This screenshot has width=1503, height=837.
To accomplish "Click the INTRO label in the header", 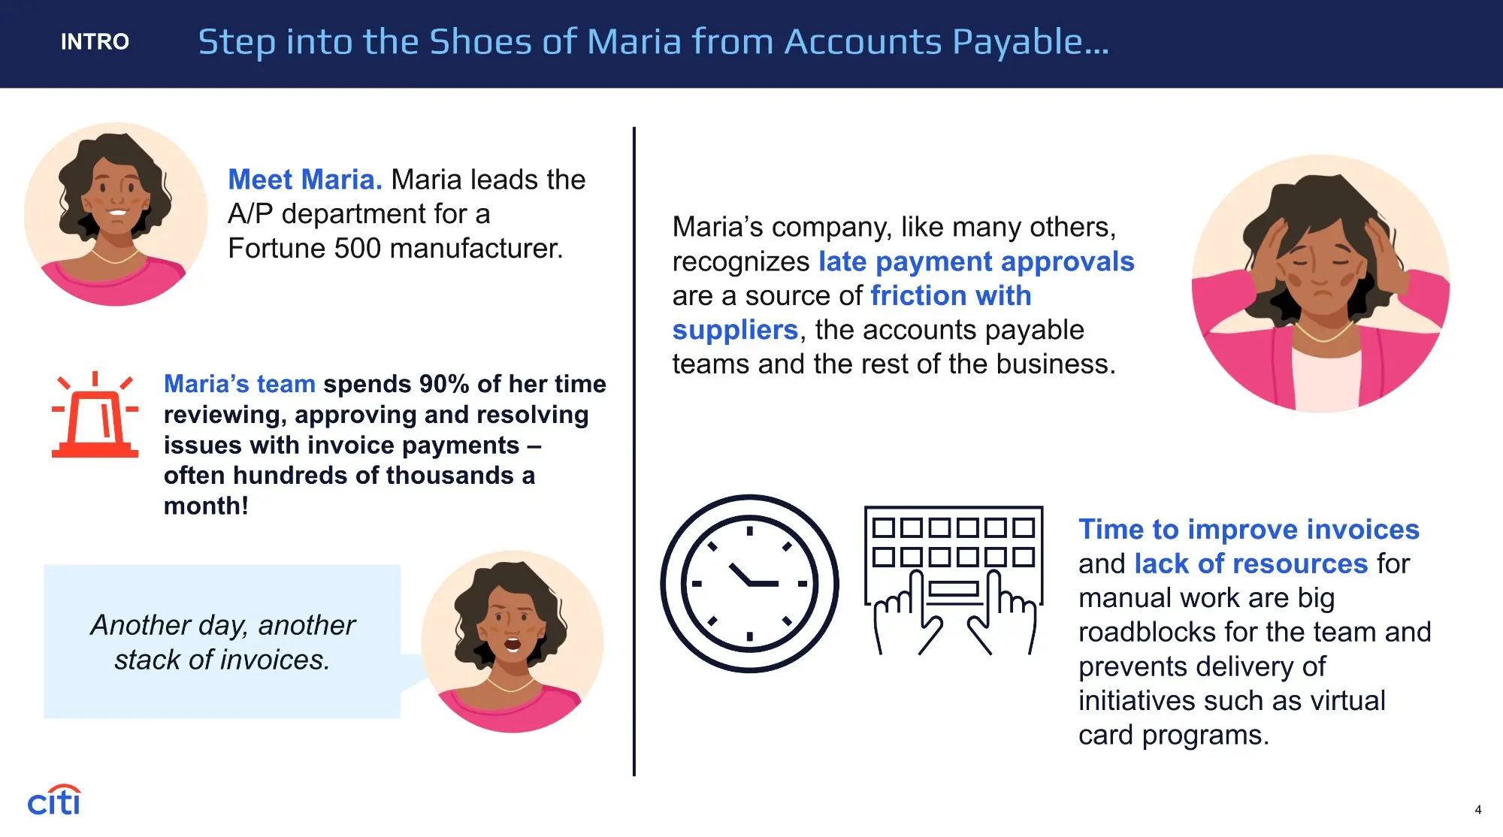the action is click(x=95, y=41).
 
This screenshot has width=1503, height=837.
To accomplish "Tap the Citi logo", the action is click(x=53, y=801).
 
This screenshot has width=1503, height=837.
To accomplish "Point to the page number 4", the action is click(x=1477, y=810).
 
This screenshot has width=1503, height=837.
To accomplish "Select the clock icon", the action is click(x=749, y=583).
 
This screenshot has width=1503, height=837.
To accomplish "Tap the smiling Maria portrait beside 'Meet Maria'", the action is click(x=116, y=214).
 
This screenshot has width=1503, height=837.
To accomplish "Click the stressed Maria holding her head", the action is click(x=1320, y=283).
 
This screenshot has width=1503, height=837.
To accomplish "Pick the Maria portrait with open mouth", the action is click(x=513, y=642).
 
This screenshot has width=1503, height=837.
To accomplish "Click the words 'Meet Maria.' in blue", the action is click(x=305, y=180).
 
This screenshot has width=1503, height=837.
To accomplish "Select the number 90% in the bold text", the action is click(x=444, y=384).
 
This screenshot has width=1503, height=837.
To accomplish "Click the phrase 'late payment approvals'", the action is click(x=976, y=261).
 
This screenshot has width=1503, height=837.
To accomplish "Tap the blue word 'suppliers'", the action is click(x=735, y=330).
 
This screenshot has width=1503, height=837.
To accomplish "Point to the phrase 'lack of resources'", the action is click(x=1251, y=564).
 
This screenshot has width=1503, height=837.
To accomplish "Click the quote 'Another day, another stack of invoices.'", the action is click(x=222, y=642).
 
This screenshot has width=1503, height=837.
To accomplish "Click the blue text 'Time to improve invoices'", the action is click(x=1249, y=529).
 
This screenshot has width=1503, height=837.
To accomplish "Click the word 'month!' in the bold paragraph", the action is click(x=206, y=506).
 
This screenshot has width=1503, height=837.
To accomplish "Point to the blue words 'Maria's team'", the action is click(x=240, y=384).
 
